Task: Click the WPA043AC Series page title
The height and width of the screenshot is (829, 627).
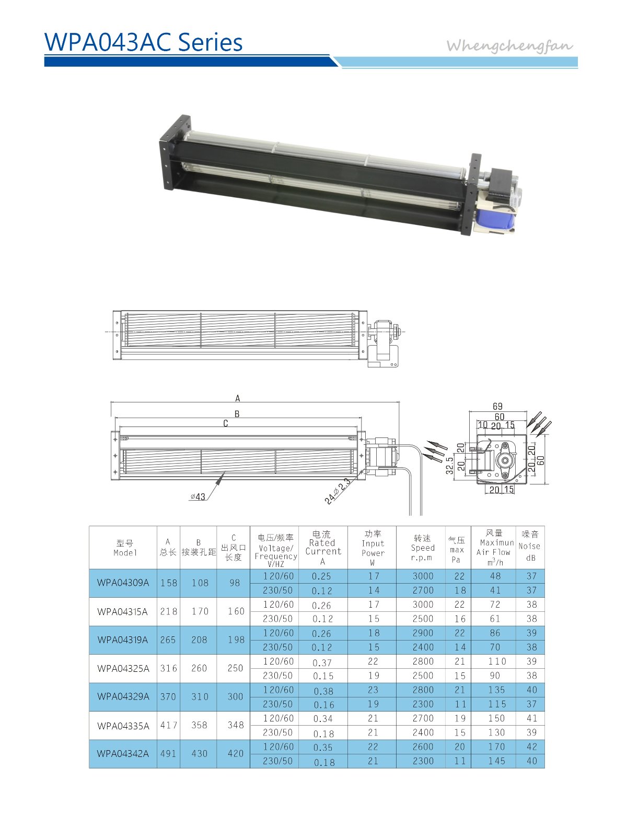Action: click(143, 42)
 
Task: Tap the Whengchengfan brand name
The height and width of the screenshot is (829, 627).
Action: click(509, 46)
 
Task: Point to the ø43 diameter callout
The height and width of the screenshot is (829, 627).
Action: click(198, 496)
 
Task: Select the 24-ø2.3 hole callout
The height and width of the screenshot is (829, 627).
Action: click(337, 490)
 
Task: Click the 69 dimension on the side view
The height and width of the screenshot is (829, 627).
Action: click(497, 406)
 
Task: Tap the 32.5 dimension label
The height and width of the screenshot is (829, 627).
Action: click(449, 465)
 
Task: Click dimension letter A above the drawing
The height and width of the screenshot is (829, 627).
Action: click(238, 398)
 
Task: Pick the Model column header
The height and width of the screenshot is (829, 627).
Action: click(125, 548)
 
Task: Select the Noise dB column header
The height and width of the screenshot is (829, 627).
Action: click(529, 546)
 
